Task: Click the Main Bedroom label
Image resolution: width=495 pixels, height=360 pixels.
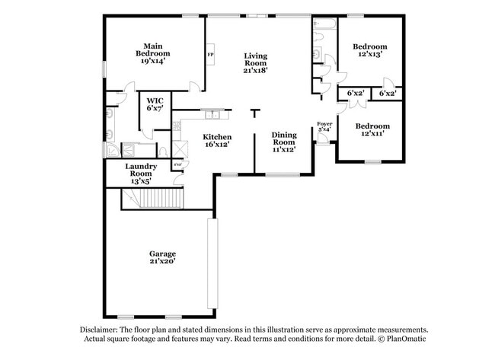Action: pyautogui.click(x=152, y=49)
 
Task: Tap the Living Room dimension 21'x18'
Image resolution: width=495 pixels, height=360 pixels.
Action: pyautogui.click(x=255, y=70)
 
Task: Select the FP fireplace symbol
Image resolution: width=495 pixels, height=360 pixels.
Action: pyautogui.click(x=210, y=56)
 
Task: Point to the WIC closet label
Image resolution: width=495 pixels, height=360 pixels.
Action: pyautogui.click(x=155, y=100)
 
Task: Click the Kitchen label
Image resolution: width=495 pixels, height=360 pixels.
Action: pyautogui.click(x=217, y=137)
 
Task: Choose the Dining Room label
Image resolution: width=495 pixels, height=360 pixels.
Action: pyautogui.click(x=284, y=139)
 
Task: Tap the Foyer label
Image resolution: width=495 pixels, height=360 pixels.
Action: pyautogui.click(x=324, y=123)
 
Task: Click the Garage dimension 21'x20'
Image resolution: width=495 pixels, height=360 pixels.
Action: pyautogui.click(x=162, y=261)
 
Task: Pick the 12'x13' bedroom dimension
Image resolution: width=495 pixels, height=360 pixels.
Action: pyautogui.click(x=369, y=54)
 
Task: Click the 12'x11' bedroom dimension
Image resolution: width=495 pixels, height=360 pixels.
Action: pyautogui.click(x=372, y=133)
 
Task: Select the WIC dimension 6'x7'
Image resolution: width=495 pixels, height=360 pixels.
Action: pyautogui.click(x=155, y=107)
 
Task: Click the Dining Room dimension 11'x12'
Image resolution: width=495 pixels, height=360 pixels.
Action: pyautogui.click(x=284, y=148)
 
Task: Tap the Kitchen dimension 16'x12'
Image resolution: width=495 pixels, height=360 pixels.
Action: pyautogui.click(x=217, y=144)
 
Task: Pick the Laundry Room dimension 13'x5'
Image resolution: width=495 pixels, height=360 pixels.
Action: pyautogui.click(x=141, y=181)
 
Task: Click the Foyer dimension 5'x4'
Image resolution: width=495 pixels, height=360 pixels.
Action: pyautogui.click(x=324, y=129)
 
